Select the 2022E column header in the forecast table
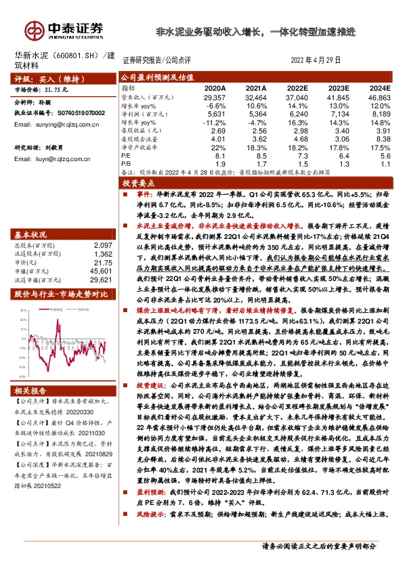296,88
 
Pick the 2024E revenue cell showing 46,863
379,97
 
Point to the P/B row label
126,163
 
